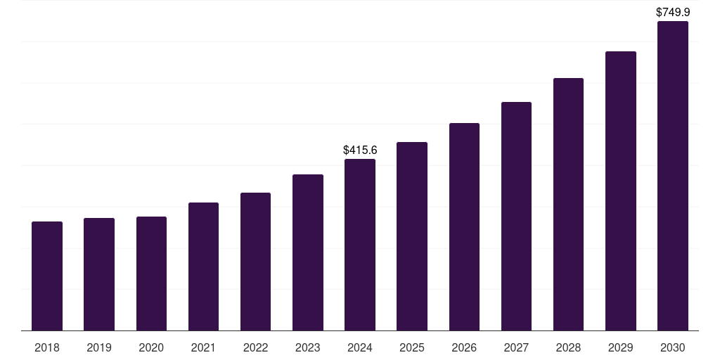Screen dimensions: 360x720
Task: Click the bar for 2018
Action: [x=47, y=276]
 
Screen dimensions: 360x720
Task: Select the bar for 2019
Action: [x=99, y=274]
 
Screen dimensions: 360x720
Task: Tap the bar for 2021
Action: [x=203, y=266]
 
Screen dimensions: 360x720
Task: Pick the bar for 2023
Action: [x=308, y=252]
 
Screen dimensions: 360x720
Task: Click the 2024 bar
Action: [x=360, y=245]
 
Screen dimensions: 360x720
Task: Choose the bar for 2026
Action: [x=464, y=226]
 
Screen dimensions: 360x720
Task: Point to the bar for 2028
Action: [x=568, y=204]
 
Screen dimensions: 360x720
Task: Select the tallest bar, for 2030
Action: [x=673, y=176]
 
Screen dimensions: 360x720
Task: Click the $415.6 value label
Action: [x=360, y=150]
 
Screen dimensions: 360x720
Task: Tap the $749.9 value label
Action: [x=673, y=12]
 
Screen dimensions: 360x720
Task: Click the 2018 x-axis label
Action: [x=47, y=347]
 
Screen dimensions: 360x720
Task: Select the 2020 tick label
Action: [x=151, y=347]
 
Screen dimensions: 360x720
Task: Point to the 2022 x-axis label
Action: [x=256, y=347]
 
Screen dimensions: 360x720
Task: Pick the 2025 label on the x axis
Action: [x=412, y=347]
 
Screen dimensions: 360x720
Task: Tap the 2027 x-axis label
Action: [x=516, y=347]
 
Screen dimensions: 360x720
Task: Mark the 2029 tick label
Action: [x=621, y=347]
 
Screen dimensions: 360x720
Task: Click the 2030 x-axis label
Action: [x=673, y=347]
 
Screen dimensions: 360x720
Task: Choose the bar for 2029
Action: [x=621, y=191]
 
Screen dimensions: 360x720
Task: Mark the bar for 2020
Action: [x=151, y=274]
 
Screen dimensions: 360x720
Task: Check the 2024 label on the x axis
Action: [x=360, y=347]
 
